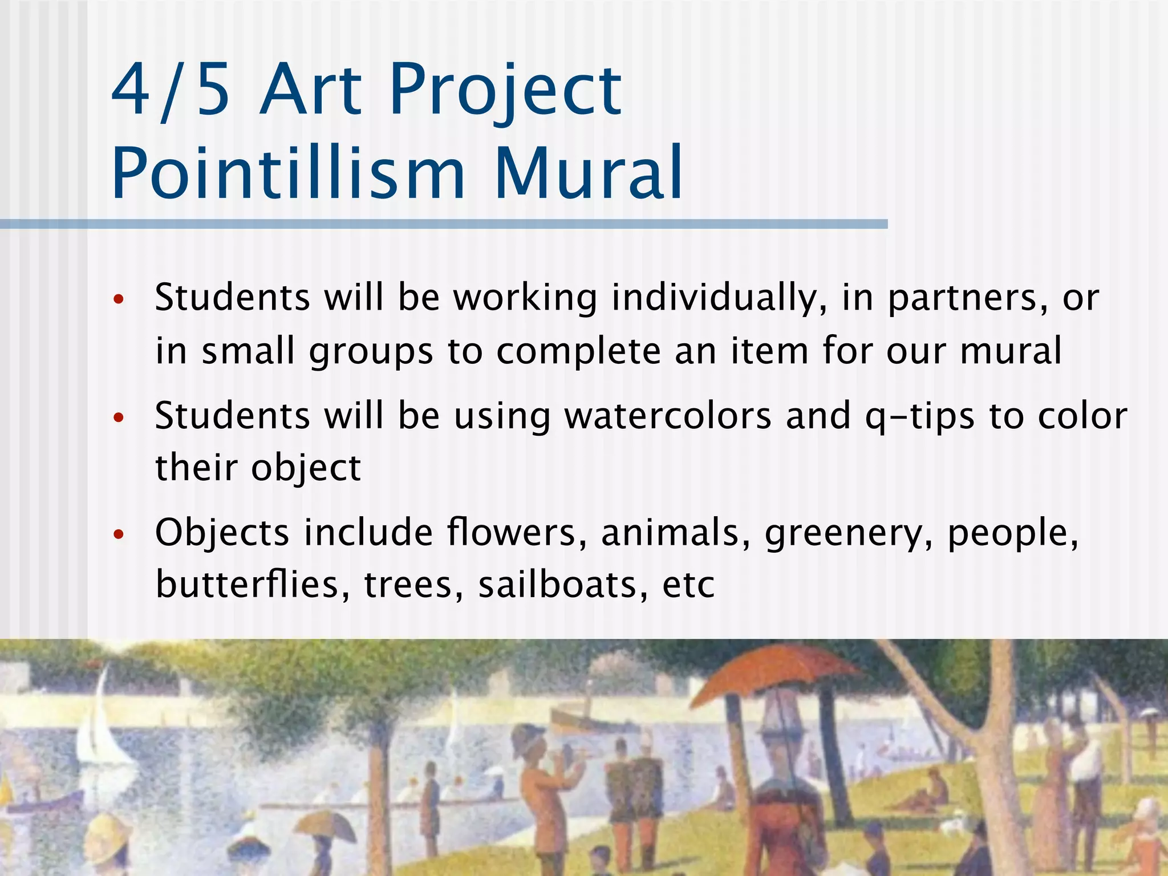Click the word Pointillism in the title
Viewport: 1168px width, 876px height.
click(x=288, y=173)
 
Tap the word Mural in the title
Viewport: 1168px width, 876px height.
click(x=589, y=173)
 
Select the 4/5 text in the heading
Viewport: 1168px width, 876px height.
click(x=171, y=90)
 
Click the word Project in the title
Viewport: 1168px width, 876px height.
click(x=506, y=90)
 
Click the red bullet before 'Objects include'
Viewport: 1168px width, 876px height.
click(x=119, y=534)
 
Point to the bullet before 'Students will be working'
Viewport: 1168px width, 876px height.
click(x=119, y=299)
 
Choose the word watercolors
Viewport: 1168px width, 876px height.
click(x=668, y=416)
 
